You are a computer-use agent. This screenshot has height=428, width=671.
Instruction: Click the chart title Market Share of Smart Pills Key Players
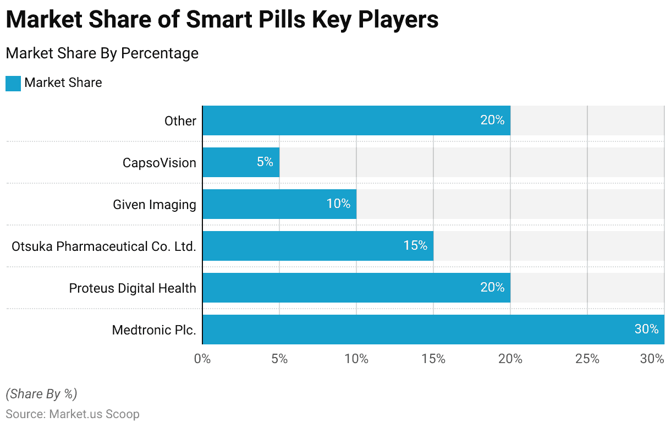(222, 20)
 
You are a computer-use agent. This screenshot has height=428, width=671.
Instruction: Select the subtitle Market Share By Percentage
(102, 53)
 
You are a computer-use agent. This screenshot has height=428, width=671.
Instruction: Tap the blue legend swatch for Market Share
(13, 83)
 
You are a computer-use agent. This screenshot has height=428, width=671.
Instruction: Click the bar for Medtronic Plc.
(433, 330)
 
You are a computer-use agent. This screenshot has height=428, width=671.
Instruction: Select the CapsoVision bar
(241, 162)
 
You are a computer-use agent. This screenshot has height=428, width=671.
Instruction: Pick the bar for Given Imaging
(279, 204)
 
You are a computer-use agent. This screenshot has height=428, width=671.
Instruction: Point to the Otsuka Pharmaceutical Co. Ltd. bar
(318, 246)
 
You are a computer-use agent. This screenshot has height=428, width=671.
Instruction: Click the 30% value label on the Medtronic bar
(646, 329)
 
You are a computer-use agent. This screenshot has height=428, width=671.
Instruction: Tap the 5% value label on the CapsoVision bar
(265, 162)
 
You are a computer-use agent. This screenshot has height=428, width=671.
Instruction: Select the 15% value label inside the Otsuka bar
(415, 245)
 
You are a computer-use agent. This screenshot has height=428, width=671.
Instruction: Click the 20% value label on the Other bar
(492, 120)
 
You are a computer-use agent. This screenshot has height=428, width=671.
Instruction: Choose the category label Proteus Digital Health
(133, 288)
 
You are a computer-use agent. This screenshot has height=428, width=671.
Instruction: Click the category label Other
(180, 120)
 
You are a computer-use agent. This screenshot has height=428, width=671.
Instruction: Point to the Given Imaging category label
(155, 204)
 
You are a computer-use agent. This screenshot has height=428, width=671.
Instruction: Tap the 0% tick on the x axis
(202, 359)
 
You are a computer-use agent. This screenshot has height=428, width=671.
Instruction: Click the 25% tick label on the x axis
(587, 359)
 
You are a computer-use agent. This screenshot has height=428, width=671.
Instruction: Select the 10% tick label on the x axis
(356, 359)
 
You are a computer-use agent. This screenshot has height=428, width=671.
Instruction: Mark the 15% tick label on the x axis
(433, 359)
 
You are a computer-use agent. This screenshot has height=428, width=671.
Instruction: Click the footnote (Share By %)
(41, 394)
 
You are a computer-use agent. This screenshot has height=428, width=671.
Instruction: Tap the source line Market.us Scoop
(73, 414)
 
